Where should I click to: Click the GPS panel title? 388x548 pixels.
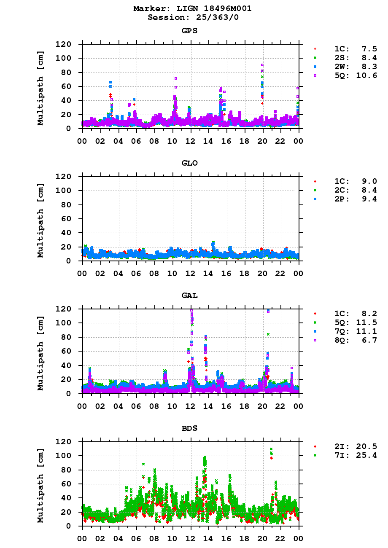(190, 31)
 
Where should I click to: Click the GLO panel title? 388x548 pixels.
(190, 163)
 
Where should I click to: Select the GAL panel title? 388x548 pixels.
(190, 295)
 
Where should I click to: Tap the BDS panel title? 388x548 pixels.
(190, 428)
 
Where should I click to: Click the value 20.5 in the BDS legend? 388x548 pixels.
(367, 446)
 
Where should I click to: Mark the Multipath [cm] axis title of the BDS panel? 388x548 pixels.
(40, 484)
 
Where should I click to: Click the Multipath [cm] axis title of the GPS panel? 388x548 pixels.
(40, 86)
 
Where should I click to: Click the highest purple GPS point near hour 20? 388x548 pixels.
(262, 65)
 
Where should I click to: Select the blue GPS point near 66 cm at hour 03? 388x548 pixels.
(110, 82)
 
